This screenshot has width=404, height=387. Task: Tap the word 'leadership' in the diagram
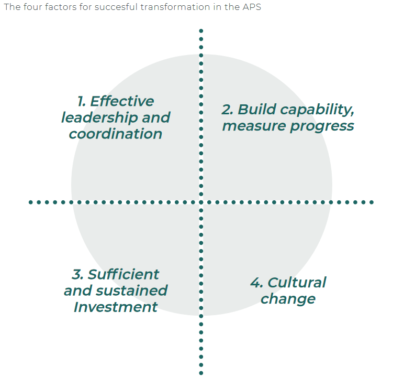point(93,117)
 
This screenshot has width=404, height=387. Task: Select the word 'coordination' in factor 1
point(116,134)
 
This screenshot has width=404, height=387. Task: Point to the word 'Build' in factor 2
point(256,110)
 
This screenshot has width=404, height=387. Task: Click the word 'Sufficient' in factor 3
point(124,274)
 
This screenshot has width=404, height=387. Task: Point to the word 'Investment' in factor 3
point(116,307)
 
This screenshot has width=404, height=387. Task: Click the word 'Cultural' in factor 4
point(297,283)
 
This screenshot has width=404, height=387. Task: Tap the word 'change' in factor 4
point(288,299)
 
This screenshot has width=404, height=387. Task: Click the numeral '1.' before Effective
point(82,101)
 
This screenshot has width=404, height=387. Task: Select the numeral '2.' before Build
point(227,110)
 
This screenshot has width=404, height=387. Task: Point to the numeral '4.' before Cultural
point(256,283)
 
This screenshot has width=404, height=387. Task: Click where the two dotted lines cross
point(201,202)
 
